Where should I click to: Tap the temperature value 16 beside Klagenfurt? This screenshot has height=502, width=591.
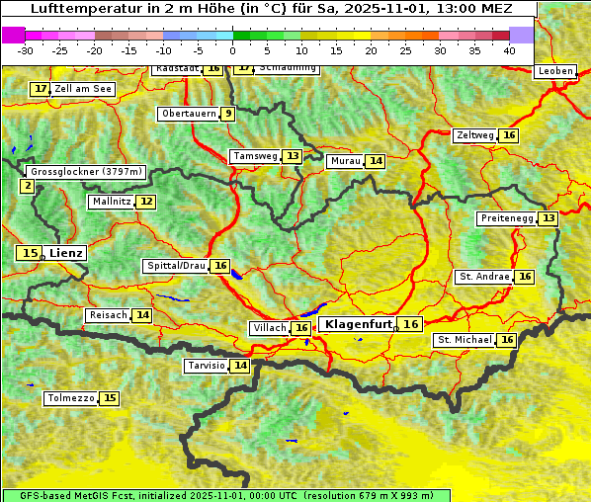(x=411, y=324)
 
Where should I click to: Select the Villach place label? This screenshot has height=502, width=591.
(x=270, y=328)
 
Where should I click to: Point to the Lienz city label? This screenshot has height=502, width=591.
(x=67, y=253)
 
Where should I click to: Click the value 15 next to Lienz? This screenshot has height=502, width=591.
(x=30, y=253)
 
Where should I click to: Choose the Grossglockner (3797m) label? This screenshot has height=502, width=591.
(x=87, y=172)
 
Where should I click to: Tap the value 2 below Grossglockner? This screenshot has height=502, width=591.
(x=27, y=186)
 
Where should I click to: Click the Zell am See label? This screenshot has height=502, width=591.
(x=83, y=89)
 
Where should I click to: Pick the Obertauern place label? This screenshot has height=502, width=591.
(x=188, y=114)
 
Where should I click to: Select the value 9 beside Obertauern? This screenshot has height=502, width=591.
(x=228, y=114)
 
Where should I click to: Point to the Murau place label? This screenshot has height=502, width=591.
(x=345, y=161)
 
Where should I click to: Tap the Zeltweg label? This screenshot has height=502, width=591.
(x=474, y=135)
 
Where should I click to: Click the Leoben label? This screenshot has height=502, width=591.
(x=554, y=71)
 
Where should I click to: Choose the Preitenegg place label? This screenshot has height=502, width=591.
(x=506, y=217)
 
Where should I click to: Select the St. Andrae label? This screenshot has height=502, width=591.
(x=484, y=277)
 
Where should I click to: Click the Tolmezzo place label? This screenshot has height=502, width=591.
(x=70, y=399)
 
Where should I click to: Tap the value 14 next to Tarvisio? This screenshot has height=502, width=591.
(x=241, y=366)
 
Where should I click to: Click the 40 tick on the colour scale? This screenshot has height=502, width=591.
(x=508, y=50)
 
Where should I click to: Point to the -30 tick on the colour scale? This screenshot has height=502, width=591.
(x=26, y=50)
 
